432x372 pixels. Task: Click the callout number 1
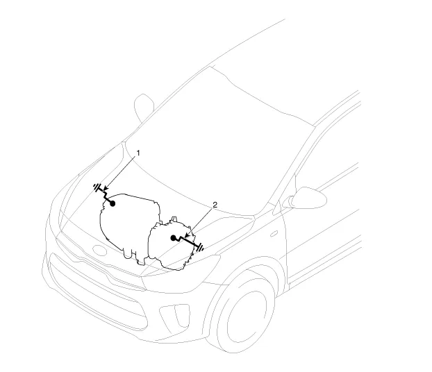138,153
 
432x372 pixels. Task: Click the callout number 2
215,205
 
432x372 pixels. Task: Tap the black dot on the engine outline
113,203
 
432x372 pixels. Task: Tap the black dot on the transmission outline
173,238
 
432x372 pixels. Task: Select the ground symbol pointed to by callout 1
97,187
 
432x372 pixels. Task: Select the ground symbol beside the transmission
201,248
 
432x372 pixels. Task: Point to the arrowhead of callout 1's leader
106,189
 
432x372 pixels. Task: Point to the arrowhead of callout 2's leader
186,236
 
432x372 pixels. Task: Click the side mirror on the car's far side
144,108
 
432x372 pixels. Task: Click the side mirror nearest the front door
308,198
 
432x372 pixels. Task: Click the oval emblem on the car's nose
99,250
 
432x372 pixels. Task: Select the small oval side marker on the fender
274,234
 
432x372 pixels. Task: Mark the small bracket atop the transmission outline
174,219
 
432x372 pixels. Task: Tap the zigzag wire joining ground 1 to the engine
106,196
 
